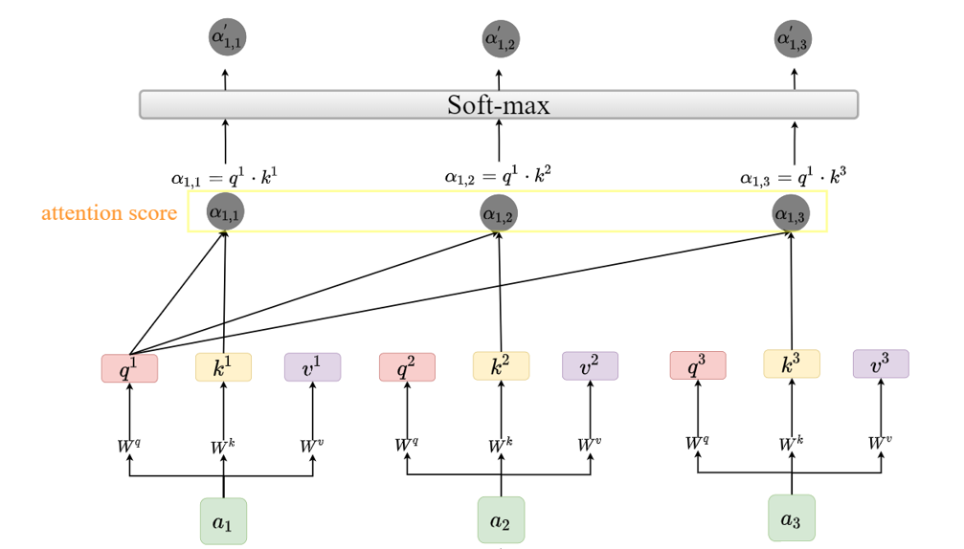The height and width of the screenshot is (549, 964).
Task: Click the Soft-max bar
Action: pos(498,104)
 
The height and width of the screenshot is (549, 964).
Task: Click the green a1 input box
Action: pos(223,521)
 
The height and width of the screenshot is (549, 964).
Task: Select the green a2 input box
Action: pos(501,520)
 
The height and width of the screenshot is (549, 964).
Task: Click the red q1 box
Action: pos(129,368)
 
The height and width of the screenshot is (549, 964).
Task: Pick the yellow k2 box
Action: pos(501,366)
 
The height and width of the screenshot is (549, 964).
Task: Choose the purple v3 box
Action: pos(881,363)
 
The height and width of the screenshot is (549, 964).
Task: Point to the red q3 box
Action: pos(697,365)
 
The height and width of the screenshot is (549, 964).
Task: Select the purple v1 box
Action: pos(312,367)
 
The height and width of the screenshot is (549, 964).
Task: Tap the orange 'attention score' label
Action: pos(109,212)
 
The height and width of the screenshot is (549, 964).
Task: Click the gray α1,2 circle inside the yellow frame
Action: pos(499,213)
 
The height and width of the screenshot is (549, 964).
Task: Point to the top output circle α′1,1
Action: pos(227,39)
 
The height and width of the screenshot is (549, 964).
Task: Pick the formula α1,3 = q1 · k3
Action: pos(793,175)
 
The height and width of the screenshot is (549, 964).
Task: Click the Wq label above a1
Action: pos(130,445)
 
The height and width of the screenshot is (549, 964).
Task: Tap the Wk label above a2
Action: pos(499,445)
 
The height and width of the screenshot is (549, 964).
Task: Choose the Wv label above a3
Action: pos(879,442)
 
